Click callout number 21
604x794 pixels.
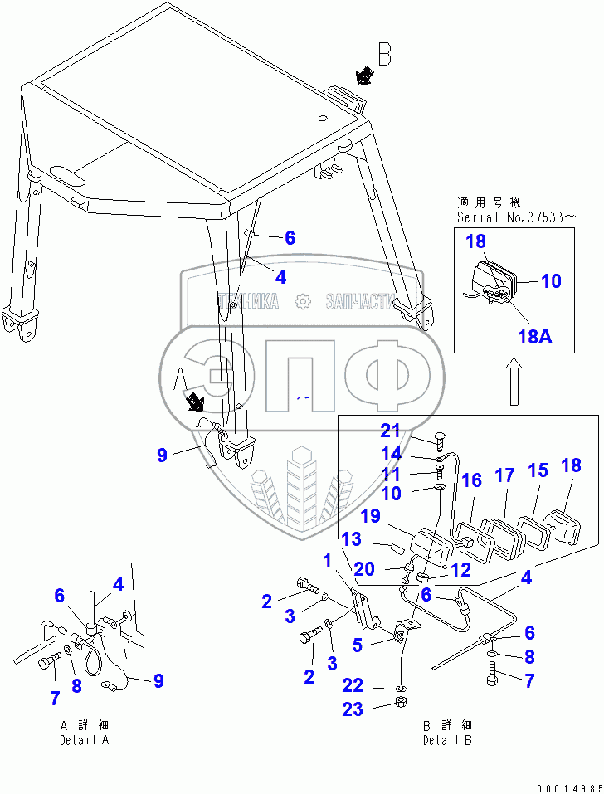click(x=391, y=430)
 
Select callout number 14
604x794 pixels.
click(x=391, y=454)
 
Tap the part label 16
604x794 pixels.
click(x=471, y=480)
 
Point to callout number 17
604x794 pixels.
click(x=505, y=475)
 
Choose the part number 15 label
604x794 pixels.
click(x=538, y=470)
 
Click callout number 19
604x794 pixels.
click(x=370, y=517)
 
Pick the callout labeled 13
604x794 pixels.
click(x=352, y=540)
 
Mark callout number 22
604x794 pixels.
click(x=353, y=686)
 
